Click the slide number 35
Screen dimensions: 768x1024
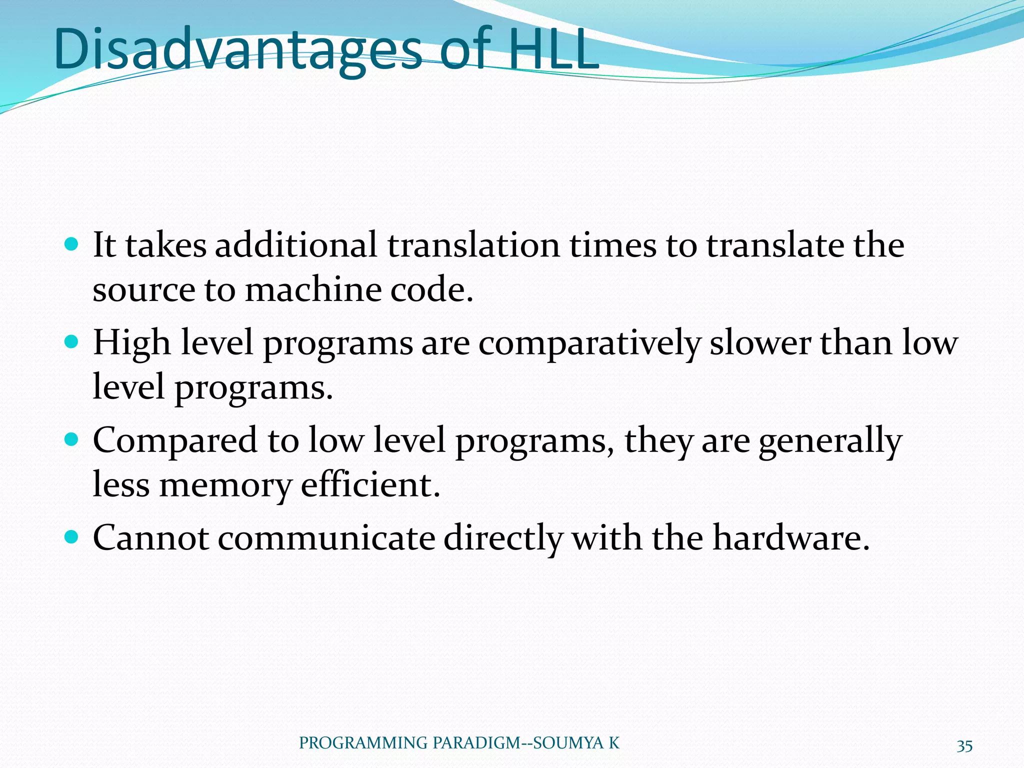964,746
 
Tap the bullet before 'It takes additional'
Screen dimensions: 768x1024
72,245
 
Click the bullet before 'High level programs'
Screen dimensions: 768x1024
72,342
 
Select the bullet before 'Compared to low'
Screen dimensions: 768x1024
72,440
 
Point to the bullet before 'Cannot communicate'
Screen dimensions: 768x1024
72,537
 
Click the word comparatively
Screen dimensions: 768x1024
589,344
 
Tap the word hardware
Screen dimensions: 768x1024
791,538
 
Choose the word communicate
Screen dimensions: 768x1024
326,538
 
